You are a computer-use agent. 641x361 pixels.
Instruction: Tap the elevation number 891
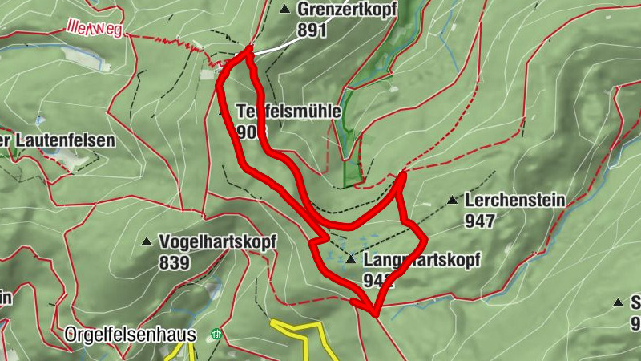[312, 30]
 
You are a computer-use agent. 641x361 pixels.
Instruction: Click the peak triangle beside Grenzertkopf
[284, 10]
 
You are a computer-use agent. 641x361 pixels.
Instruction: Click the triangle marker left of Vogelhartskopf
[147, 241]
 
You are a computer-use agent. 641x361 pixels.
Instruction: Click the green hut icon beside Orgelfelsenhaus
[215, 334]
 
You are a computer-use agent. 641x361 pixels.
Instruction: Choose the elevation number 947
[479, 221]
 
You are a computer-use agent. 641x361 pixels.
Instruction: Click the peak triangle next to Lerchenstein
[452, 201]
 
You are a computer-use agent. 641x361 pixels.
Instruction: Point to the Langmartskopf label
[421, 261]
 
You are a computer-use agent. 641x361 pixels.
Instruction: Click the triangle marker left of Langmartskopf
[351, 260]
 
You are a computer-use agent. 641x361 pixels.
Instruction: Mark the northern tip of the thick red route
[249, 50]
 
